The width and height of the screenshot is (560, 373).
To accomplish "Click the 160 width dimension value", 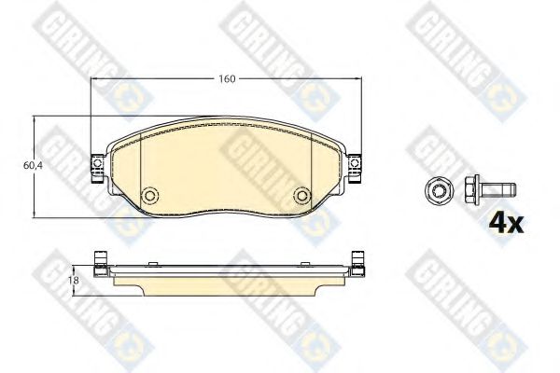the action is point(227,78).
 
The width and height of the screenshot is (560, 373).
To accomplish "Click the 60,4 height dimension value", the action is point(33,166).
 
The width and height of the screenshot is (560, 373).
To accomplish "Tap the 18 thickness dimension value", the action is point(75,280).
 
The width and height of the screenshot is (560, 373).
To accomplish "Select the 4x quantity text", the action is point(506,223).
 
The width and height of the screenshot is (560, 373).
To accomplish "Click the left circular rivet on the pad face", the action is point(149,195).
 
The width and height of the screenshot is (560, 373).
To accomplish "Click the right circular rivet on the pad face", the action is point(302,195).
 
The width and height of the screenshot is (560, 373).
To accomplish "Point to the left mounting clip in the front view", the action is point(97,168).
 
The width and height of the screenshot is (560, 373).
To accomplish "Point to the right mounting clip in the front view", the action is point(355,168).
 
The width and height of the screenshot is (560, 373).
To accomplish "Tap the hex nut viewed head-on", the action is point(440,190).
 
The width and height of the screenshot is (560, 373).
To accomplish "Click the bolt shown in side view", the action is point(490,189).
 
